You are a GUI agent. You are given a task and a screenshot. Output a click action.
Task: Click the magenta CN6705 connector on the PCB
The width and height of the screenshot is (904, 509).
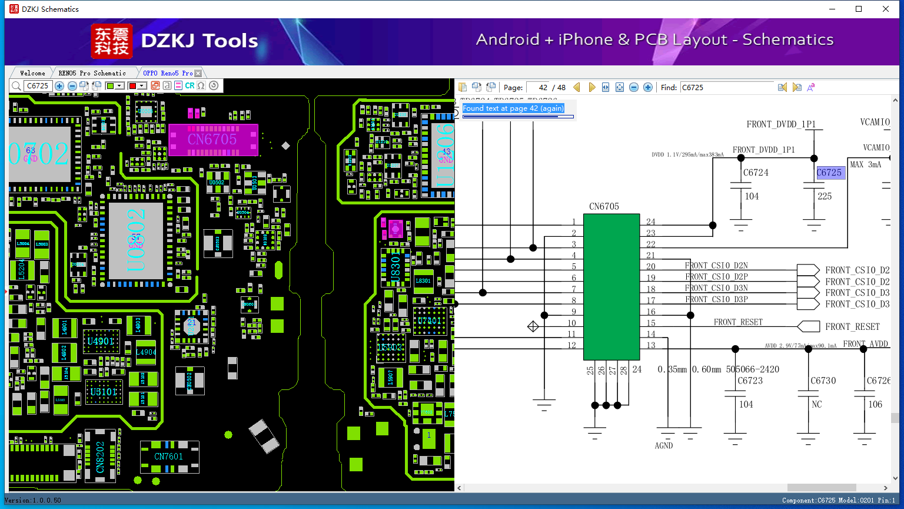tap(213, 140)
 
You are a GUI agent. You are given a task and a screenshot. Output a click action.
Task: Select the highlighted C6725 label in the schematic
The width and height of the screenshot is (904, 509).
tap(830, 173)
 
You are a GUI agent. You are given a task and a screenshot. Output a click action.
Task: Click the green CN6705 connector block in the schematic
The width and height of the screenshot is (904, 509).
tap(611, 287)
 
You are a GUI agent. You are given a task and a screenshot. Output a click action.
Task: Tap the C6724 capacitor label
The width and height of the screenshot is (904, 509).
tap(756, 173)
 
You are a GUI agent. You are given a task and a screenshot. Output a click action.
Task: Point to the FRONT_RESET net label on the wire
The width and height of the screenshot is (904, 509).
tap(738, 322)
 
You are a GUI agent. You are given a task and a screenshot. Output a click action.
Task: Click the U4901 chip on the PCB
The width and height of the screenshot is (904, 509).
tap(101, 342)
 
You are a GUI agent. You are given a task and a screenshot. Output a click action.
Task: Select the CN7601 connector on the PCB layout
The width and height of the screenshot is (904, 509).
tap(169, 457)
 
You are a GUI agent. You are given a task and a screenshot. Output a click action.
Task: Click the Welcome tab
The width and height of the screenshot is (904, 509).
tap(32, 73)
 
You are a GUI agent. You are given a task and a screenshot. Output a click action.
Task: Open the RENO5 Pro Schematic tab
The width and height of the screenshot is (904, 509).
tap(92, 73)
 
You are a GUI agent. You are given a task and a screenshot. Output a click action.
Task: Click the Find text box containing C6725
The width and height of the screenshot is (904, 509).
tap(726, 87)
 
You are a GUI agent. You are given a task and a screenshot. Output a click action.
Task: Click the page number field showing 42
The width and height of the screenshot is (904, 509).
tap(538, 87)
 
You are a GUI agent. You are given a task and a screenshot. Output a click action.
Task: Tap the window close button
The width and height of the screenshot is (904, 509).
tap(886, 9)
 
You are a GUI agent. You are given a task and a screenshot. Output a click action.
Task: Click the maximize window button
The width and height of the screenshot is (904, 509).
tap(859, 9)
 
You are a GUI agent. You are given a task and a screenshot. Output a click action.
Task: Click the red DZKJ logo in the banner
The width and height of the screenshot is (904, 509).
tap(112, 41)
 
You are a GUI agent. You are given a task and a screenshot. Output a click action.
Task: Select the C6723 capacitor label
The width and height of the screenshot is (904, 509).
tap(750, 381)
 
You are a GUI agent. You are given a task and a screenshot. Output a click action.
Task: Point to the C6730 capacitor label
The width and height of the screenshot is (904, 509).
tap(823, 381)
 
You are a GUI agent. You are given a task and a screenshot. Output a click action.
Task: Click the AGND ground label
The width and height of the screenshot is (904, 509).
tap(664, 446)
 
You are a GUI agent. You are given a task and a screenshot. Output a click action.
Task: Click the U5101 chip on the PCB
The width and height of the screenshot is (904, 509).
tap(104, 392)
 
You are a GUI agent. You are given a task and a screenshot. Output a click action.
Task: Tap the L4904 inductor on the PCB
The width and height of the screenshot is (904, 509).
tap(146, 352)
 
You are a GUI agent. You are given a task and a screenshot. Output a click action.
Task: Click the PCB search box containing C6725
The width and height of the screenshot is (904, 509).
tap(38, 86)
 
